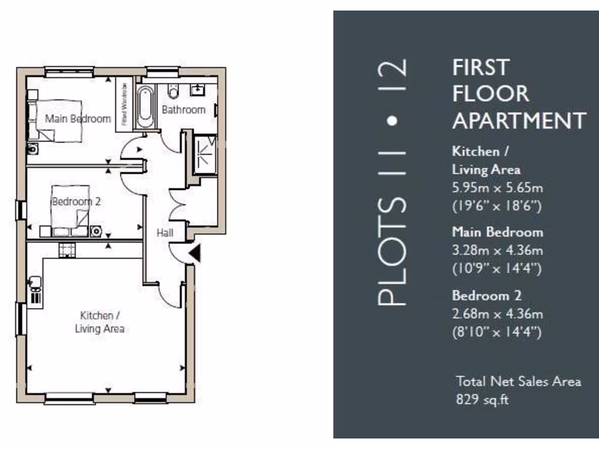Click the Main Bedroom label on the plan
pyautogui.click(x=78, y=119)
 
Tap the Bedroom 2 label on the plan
pyautogui.click(x=76, y=202)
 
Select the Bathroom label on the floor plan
pyautogui.click(x=184, y=109)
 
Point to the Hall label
pyautogui.click(x=165, y=233)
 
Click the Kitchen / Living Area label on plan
pyautogui.click(x=99, y=322)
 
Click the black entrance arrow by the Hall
pyautogui.click(x=194, y=253)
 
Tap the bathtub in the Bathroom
pyautogui.click(x=145, y=107)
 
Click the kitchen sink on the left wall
pyautogui.click(x=35, y=284)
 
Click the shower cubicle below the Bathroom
pyautogui.click(x=205, y=155)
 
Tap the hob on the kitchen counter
pyautogui.click(x=67, y=250)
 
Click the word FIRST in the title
pyautogui.click(x=480, y=67)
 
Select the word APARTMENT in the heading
pyautogui.click(x=519, y=121)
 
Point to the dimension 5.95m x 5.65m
pyautogui.click(x=497, y=188)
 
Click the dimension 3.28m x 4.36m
pyautogui.click(x=497, y=251)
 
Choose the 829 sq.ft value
pyautogui.click(x=483, y=400)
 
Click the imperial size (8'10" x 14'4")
pyautogui.click(x=497, y=333)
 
